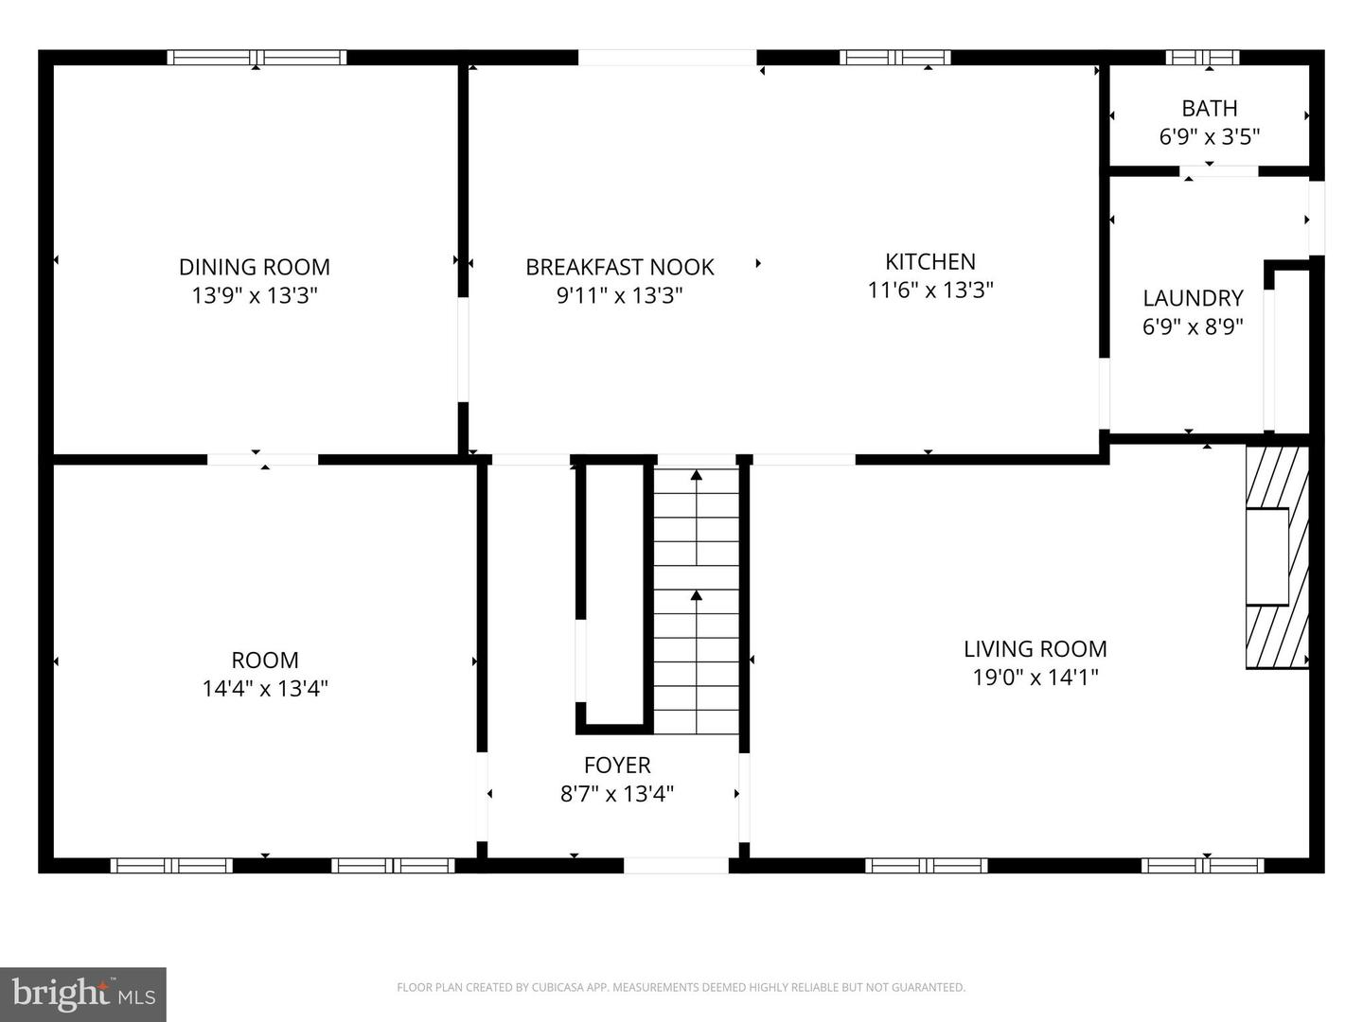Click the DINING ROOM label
tap(255, 267)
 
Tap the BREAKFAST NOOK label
tap(620, 267)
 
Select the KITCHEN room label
tap(929, 261)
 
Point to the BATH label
tap(1209, 108)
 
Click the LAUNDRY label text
tap(1193, 298)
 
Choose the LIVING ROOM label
tap(1035, 649)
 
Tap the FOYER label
tap(617, 765)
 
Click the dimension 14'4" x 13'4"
tap(265, 688)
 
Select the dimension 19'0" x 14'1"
tap(1035, 678)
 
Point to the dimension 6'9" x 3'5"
tap(1209, 137)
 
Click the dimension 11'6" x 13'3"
tap(929, 290)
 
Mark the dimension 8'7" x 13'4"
tap(617, 793)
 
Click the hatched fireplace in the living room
tap(1276, 557)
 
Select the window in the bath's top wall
tap(1202, 58)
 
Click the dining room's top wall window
tap(257, 58)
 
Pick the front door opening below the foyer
tap(676, 865)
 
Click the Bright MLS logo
tap(83, 994)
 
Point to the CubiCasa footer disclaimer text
tap(681, 988)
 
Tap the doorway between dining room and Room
tap(262, 460)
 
